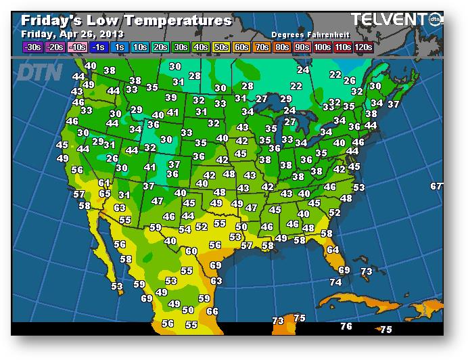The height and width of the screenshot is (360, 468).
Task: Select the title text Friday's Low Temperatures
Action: (126, 20)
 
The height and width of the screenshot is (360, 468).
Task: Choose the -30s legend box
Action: (32, 47)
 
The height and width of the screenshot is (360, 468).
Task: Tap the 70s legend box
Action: (260, 47)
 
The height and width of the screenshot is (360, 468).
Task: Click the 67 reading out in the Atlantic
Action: (436, 186)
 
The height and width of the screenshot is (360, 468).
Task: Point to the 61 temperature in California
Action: (104, 183)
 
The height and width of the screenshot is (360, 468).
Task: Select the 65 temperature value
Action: (105, 194)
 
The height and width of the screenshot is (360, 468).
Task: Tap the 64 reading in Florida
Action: (332, 250)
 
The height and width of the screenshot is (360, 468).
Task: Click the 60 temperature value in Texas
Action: (191, 251)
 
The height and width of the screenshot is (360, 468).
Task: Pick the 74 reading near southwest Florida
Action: (335, 282)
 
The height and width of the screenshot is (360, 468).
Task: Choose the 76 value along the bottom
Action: (346, 326)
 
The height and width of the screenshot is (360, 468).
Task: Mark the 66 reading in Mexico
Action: (212, 311)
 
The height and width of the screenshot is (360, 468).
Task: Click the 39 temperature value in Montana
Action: (171, 97)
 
